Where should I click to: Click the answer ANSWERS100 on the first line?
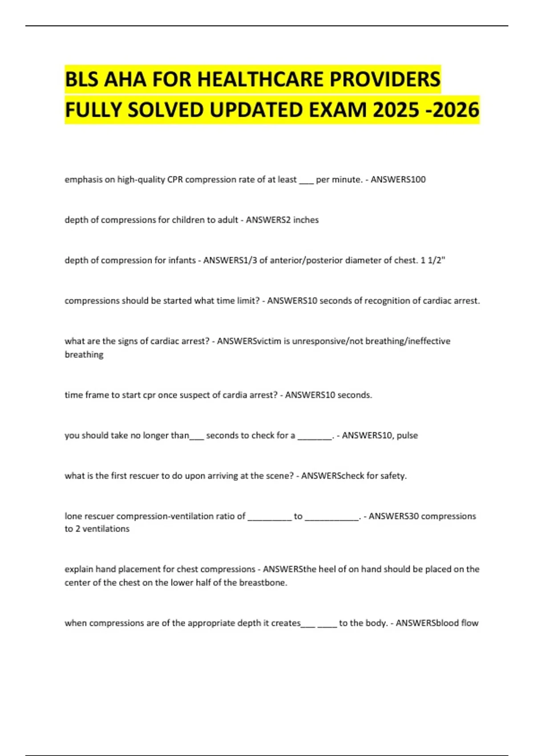click(398, 180)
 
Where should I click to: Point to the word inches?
click(306, 220)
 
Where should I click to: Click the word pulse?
click(407, 435)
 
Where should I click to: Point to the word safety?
click(393, 476)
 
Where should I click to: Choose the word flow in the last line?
click(470, 623)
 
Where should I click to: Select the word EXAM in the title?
click(338, 110)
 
